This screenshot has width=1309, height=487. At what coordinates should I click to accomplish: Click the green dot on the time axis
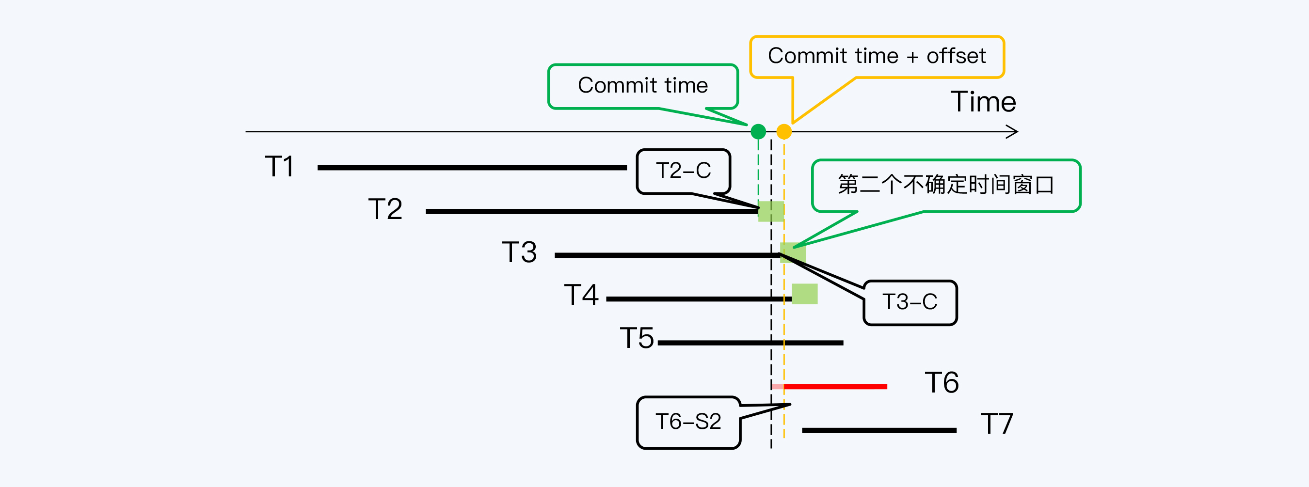[758, 131]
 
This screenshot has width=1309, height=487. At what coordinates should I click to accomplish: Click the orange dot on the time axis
[784, 131]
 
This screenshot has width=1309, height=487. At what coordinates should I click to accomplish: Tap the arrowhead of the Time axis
[1014, 132]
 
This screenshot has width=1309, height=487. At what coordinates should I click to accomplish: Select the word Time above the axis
[983, 102]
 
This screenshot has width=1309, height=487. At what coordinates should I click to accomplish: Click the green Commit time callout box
[643, 86]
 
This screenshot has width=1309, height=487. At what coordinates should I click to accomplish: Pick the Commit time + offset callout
[877, 56]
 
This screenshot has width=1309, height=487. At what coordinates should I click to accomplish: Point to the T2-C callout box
[684, 171]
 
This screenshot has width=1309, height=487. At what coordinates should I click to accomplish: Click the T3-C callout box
[910, 302]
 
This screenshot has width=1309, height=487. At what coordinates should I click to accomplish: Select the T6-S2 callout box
[688, 422]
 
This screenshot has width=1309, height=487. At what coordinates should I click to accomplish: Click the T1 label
[279, 167]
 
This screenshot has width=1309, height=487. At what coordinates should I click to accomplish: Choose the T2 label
[385, 209]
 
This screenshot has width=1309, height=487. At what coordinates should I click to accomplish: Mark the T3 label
[519, 252]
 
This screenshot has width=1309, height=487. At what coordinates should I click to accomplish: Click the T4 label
[581, 295]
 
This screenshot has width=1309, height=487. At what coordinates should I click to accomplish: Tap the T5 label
[637, 338]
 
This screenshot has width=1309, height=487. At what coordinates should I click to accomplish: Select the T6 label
[942, 382]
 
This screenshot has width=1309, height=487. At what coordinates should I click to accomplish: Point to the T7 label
[996, 424]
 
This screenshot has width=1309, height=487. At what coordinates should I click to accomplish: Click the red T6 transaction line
[835, 387]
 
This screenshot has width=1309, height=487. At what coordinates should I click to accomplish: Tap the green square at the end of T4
[804, 294]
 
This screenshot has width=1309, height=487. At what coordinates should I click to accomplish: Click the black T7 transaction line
[879, 430]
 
